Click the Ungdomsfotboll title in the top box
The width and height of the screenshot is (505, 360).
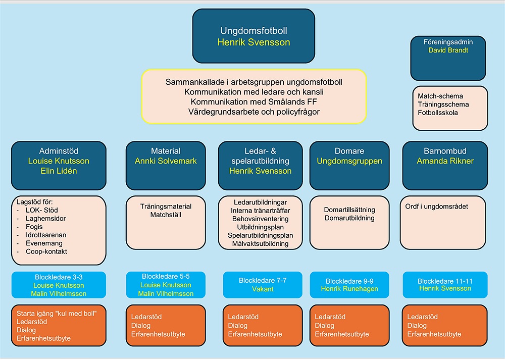click(x=254, y=31)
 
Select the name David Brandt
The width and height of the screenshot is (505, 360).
click(x=448, y=50)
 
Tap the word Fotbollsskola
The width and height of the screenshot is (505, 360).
click(x=438, y=113)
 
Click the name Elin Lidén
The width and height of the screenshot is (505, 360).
click(x=59, y=171)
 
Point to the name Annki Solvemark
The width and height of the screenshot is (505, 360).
click(x=166, y=161)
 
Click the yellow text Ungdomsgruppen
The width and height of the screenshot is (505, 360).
click(x=349, y=161)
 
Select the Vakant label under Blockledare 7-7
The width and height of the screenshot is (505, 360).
click(x=263, y=289)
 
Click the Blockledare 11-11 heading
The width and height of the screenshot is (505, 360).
click(x=445, y=281)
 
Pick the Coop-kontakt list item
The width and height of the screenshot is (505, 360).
click(x=46, y=251)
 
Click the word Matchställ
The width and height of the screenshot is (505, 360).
click(x=166, y=215)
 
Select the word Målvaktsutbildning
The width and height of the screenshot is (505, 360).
click(x=261, y=244)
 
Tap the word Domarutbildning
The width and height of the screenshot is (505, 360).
click(x=349, y=218)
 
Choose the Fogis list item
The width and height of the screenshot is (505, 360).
click(x=35, y=227)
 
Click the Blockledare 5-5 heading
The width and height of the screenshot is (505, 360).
click(x=166, y=277)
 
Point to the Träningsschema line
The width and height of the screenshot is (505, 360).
click(x=443, y=105)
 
